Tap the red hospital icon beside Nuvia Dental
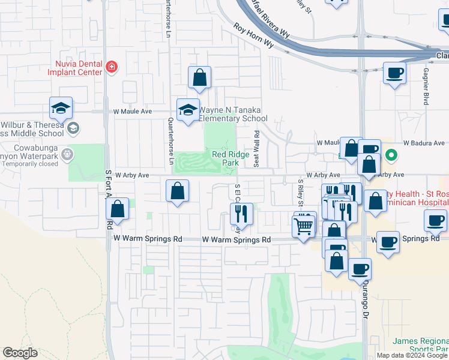coord(111,67)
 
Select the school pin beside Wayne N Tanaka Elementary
coord(188,110)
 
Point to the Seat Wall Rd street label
coord(256,149)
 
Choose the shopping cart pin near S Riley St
coord(304,226)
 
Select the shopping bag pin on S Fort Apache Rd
coord(117,209)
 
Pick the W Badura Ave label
coord(424,143)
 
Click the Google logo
coord(20,352)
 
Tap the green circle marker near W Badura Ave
coord(391,155)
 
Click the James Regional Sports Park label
coord(420,344)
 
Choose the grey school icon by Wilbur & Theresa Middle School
coord(73,127)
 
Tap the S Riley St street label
coord(300,191)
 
